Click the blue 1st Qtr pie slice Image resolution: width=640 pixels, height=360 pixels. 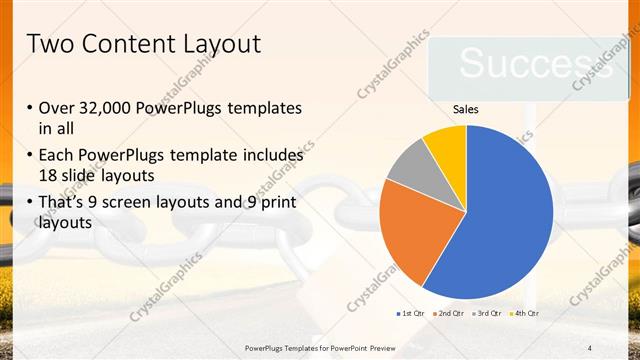[500, 215]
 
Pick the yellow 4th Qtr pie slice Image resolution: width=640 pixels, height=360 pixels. [446, 145]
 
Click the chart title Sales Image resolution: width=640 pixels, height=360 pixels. [466, 109]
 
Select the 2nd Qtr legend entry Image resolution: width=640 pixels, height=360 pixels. [449, 314]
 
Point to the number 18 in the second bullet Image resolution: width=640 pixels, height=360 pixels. [48, 174]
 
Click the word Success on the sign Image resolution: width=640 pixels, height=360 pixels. [523, 64]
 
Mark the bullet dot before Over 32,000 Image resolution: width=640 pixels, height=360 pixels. [30, 108]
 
